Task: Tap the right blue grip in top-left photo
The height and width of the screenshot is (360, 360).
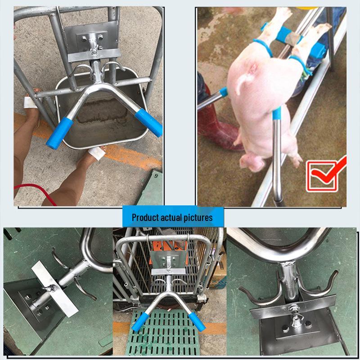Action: pyautogui.click(x=149, y=122)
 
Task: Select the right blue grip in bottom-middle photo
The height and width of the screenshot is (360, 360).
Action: pyautogui.click(x=197, y=321)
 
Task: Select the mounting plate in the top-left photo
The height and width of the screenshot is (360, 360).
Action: pyautogui.click(x=92, y=38)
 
